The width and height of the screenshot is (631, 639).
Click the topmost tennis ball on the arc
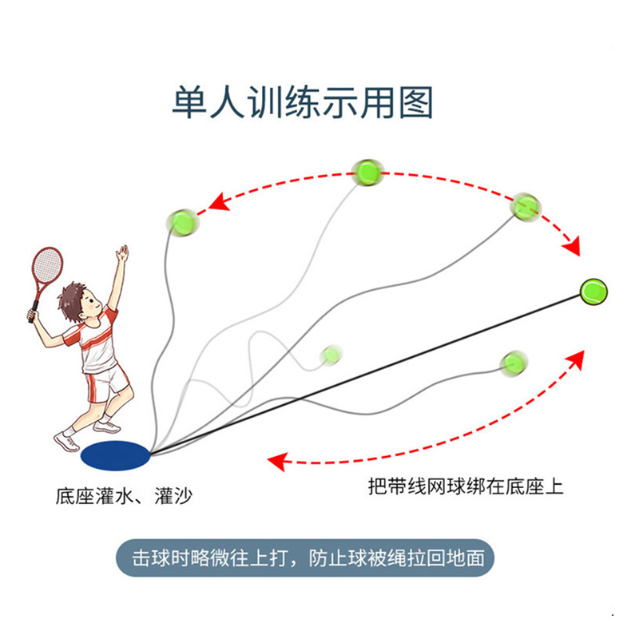click(367, 171)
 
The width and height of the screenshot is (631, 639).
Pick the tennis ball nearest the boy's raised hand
click(183, 220)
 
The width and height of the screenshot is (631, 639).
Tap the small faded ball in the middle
click(330, 354)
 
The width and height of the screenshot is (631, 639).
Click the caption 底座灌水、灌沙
click(125, 496)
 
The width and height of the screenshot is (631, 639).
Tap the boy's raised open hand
click(122, 255)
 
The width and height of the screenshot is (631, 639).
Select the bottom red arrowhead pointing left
click(277, 461)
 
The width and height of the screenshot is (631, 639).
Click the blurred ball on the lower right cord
click(511, 364)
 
